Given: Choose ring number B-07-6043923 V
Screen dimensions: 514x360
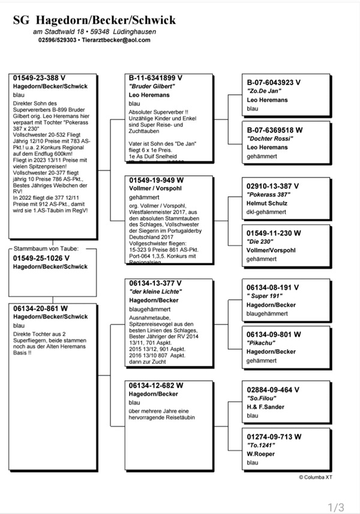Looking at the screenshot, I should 274,82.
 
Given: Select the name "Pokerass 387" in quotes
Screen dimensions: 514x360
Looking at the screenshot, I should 271,195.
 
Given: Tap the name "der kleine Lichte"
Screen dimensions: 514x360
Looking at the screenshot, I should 155,291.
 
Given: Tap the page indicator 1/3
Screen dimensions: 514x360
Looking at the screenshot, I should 336,507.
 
